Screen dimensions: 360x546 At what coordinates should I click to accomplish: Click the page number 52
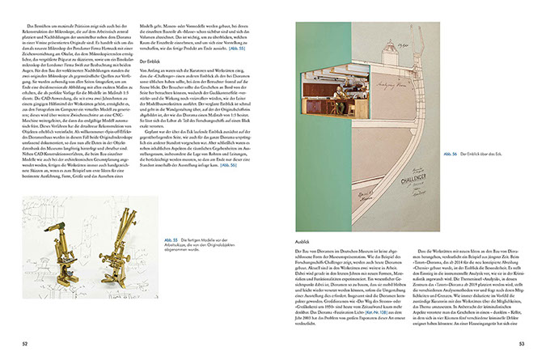tap(26, 344)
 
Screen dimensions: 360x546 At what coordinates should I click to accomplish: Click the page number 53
tap(522, 344)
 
